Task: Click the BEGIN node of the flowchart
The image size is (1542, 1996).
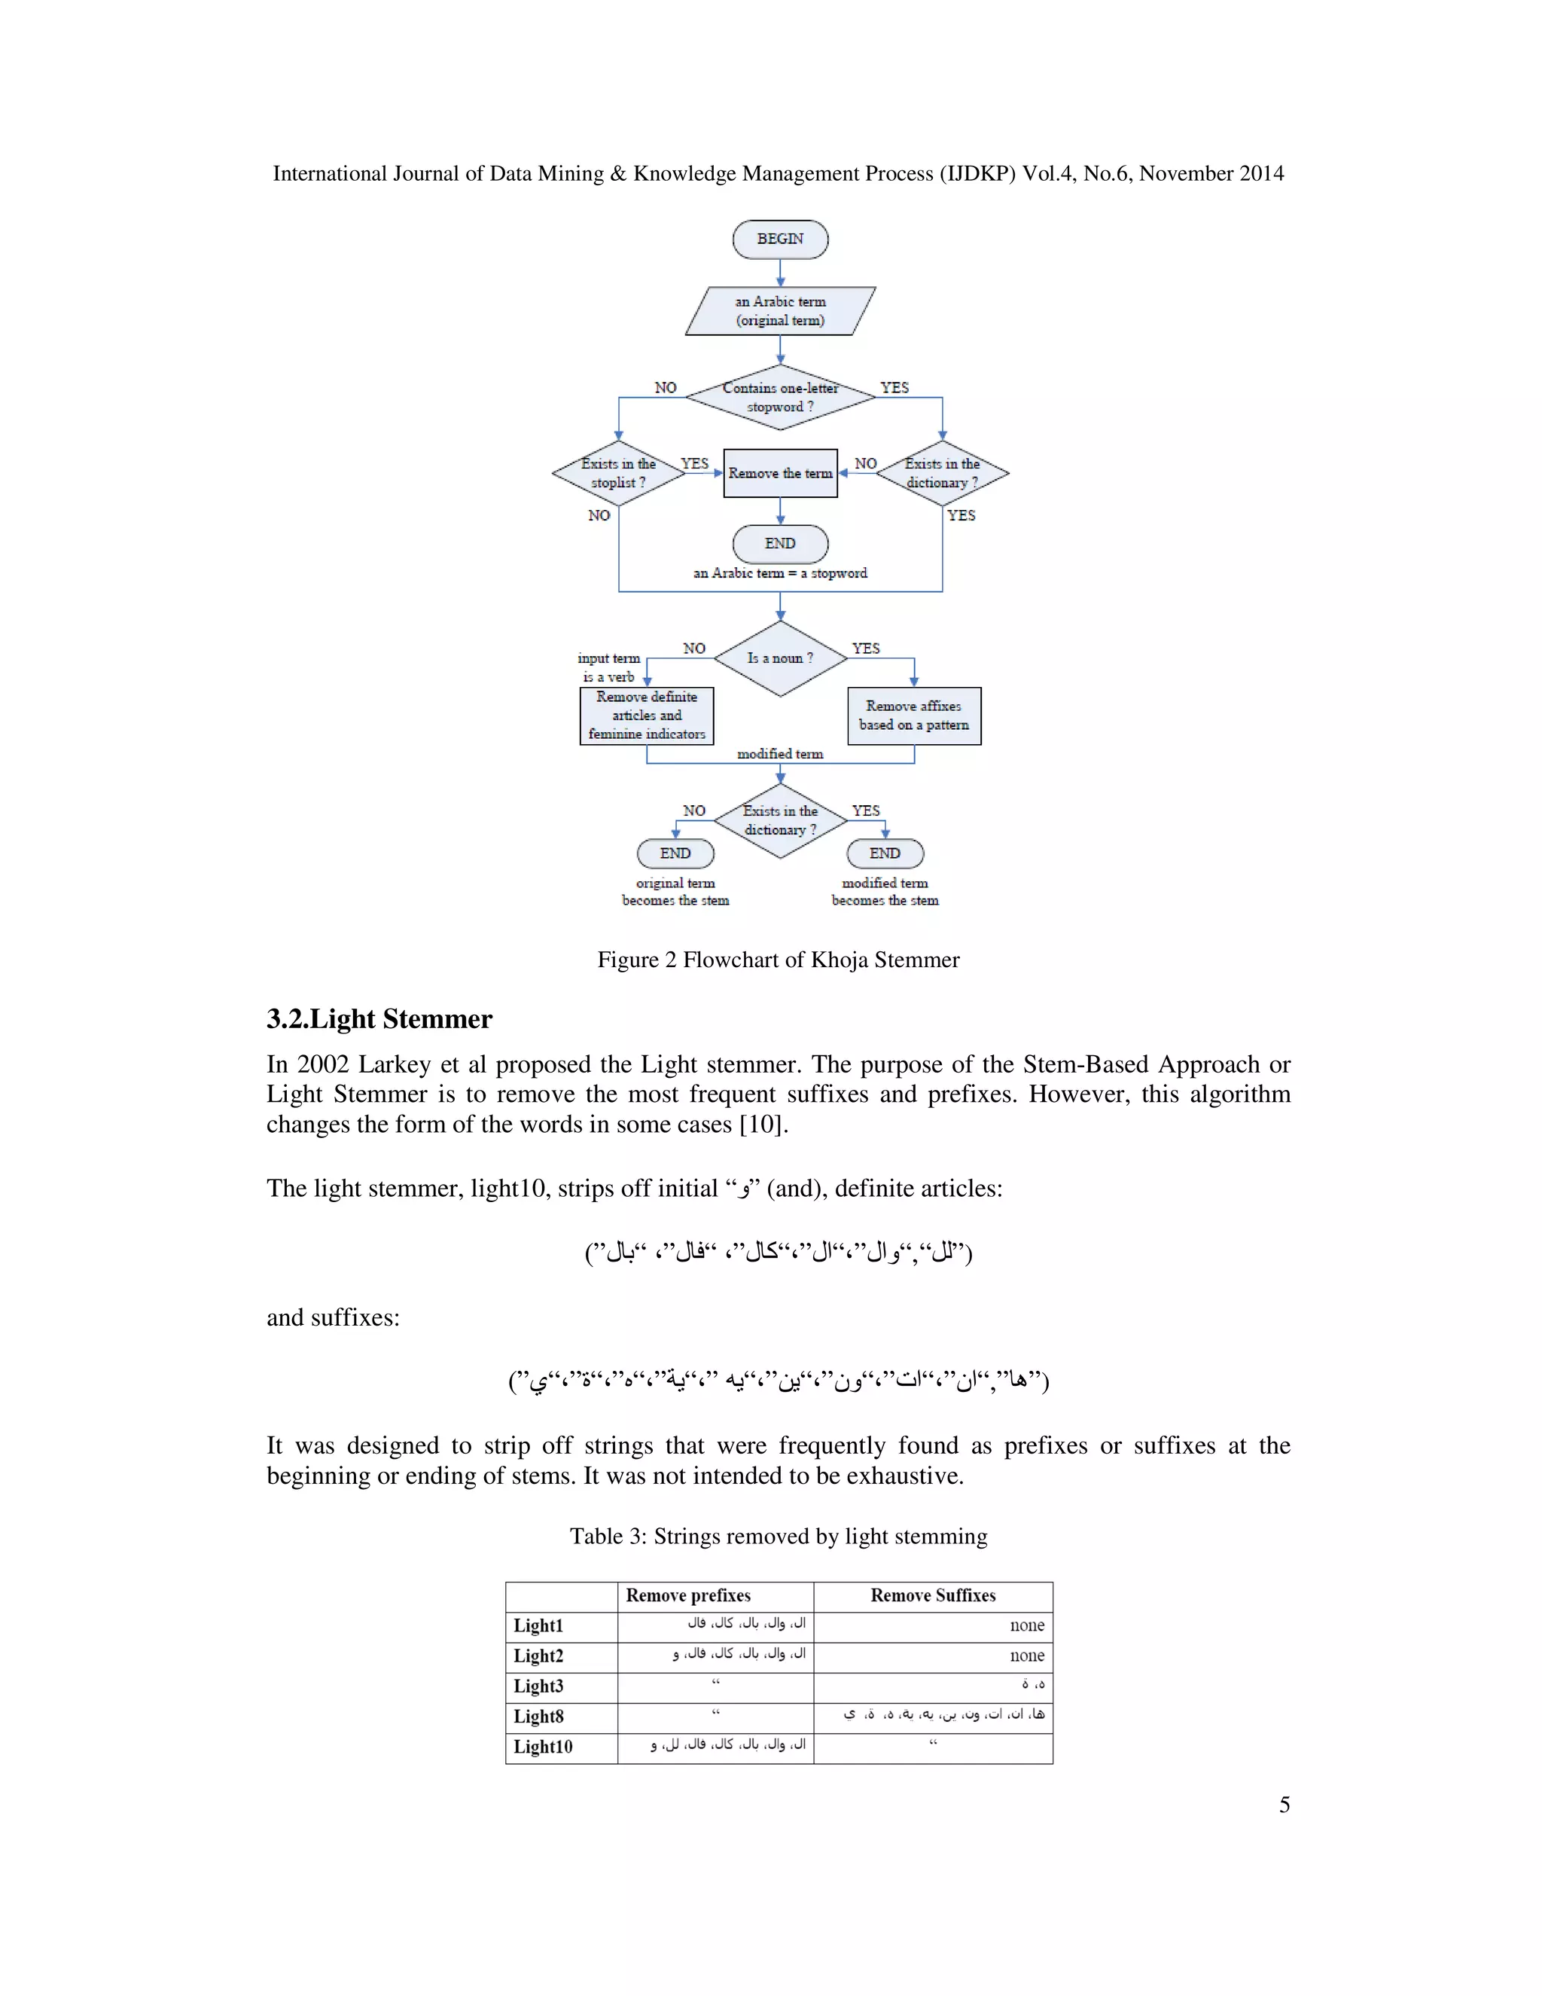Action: [780, 240]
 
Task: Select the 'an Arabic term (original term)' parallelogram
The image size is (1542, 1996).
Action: [780, 311]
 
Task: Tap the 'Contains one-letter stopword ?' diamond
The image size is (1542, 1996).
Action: [780, 397]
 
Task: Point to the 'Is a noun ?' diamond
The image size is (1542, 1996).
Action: [780, 658]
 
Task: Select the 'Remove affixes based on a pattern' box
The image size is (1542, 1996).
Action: [913, 716]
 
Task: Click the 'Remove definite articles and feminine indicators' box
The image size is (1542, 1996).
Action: [647, 716]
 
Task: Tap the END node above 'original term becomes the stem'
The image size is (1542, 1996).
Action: [675, 853]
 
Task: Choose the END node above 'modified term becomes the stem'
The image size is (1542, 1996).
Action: [884, 853]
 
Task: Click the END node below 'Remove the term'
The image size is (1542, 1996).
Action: [780, 544]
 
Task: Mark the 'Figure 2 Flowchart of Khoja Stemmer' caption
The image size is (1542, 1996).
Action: [779, 960]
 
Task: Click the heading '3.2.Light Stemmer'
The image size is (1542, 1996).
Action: [379, 1019]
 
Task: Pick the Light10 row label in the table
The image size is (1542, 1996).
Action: [543, 1747]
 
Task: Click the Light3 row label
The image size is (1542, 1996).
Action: [538, 1686]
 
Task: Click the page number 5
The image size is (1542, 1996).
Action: [1284, 1805]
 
